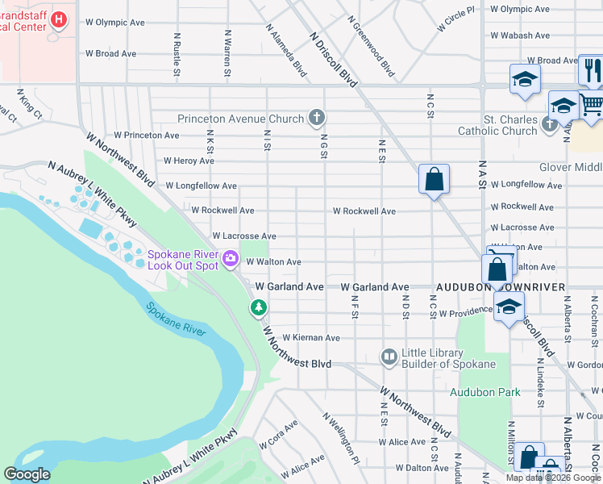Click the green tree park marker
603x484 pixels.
click(258, 307)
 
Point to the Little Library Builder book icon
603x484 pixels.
click(389, 356)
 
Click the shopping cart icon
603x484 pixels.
click(592, 105)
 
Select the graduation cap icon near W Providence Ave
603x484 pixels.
click(509, 307)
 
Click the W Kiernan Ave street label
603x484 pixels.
click(310, 337)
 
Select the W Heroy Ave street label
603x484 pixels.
click(189, 161)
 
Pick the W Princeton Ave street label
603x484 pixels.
click(146, 135)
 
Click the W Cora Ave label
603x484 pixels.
click(279, 434)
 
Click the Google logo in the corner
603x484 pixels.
click(27, 474)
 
